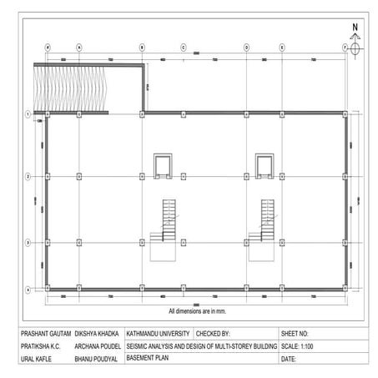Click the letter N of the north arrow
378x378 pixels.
[355, 27]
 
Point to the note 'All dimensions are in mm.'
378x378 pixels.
[197, 310]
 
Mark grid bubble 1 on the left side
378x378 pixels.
[28, 113]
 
